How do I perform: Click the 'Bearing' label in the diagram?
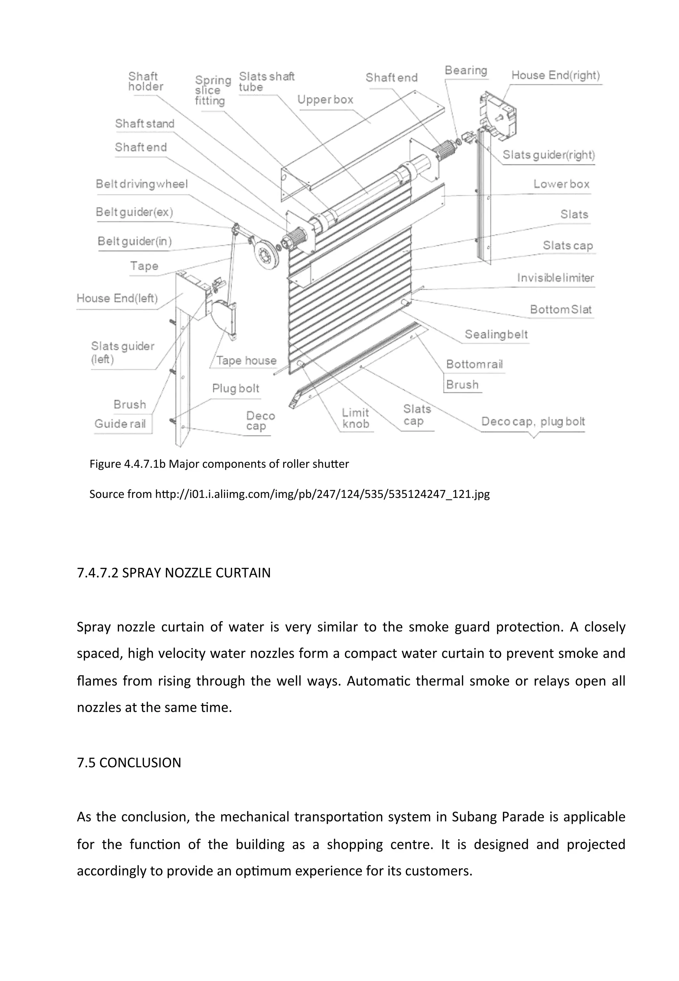click(466, 70)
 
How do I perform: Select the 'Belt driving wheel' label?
click(142, 184)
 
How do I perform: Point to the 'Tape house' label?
click(246, 360)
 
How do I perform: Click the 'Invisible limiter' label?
click(555, 278)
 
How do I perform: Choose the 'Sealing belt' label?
click(496, 335)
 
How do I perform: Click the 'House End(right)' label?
click(555, 75)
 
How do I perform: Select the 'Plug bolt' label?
click(236, 389)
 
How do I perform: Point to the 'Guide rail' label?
click(120, 424)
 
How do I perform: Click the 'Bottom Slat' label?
click(560, 309)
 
